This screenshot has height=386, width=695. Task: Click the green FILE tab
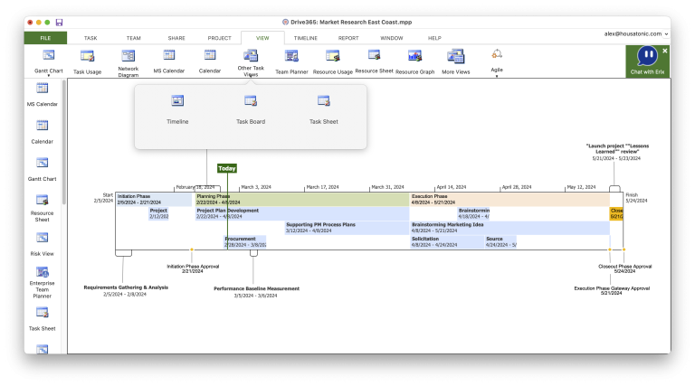[x=44, y=38]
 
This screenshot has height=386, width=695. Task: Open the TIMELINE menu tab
[x=305, y=38]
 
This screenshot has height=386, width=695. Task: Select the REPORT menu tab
[x=348, y=38]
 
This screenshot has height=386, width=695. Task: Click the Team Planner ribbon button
[x=291, y=61]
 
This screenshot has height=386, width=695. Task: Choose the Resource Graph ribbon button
[x=415, y=61]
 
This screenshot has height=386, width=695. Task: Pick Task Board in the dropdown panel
[x=251, y=108]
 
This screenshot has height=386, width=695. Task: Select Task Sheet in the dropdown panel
[x=323, y=108]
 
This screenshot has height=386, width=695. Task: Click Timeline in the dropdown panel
[x=177, y=108]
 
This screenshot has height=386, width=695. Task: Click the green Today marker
[x=226, y=168]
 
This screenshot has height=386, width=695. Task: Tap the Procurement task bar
[x=244, y=241]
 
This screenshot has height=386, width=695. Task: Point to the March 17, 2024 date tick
[x=323, y=187]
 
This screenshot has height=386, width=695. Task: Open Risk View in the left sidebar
[x=43, y=242]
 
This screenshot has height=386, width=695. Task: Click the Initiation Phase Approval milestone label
[x=192, y=268]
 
